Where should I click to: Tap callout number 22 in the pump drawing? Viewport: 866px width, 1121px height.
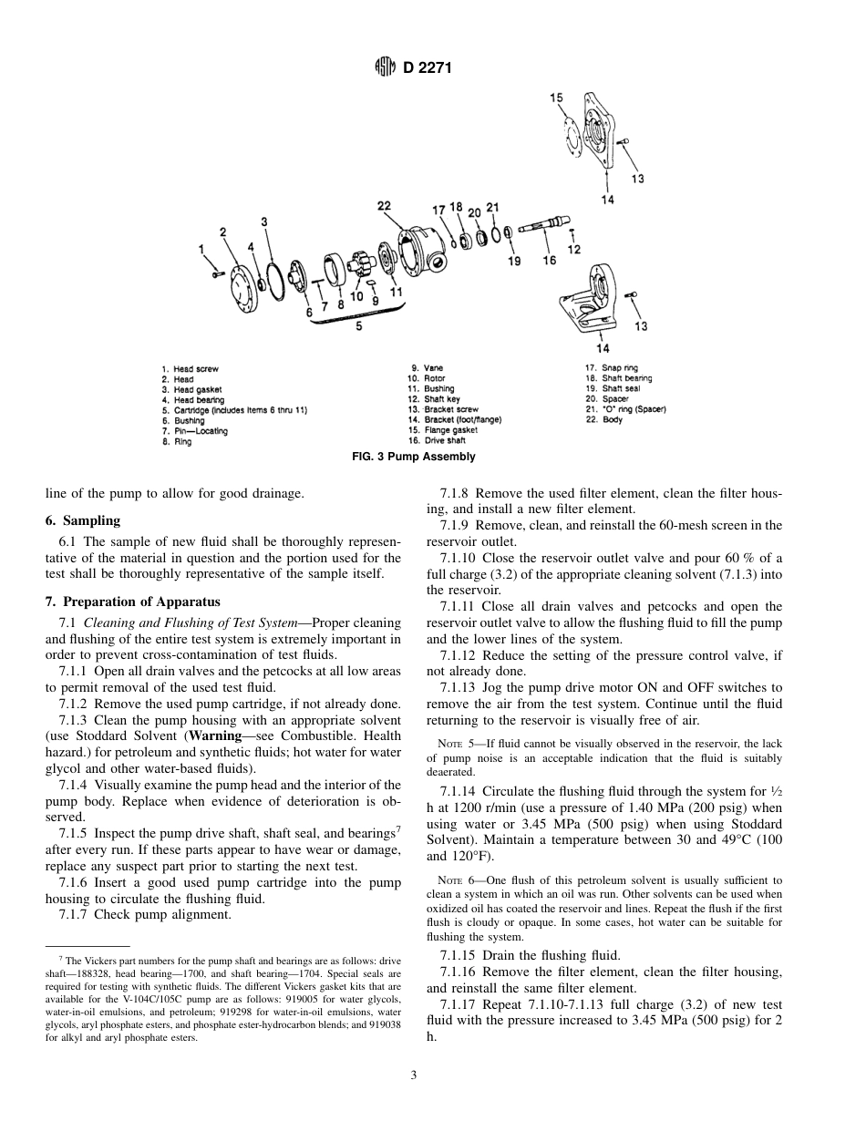384,206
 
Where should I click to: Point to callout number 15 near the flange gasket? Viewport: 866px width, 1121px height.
556,98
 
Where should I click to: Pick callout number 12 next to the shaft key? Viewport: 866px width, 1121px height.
573,249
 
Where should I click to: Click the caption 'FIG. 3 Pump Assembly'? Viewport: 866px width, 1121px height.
413,457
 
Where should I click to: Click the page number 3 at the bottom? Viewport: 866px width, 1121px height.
413,1076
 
